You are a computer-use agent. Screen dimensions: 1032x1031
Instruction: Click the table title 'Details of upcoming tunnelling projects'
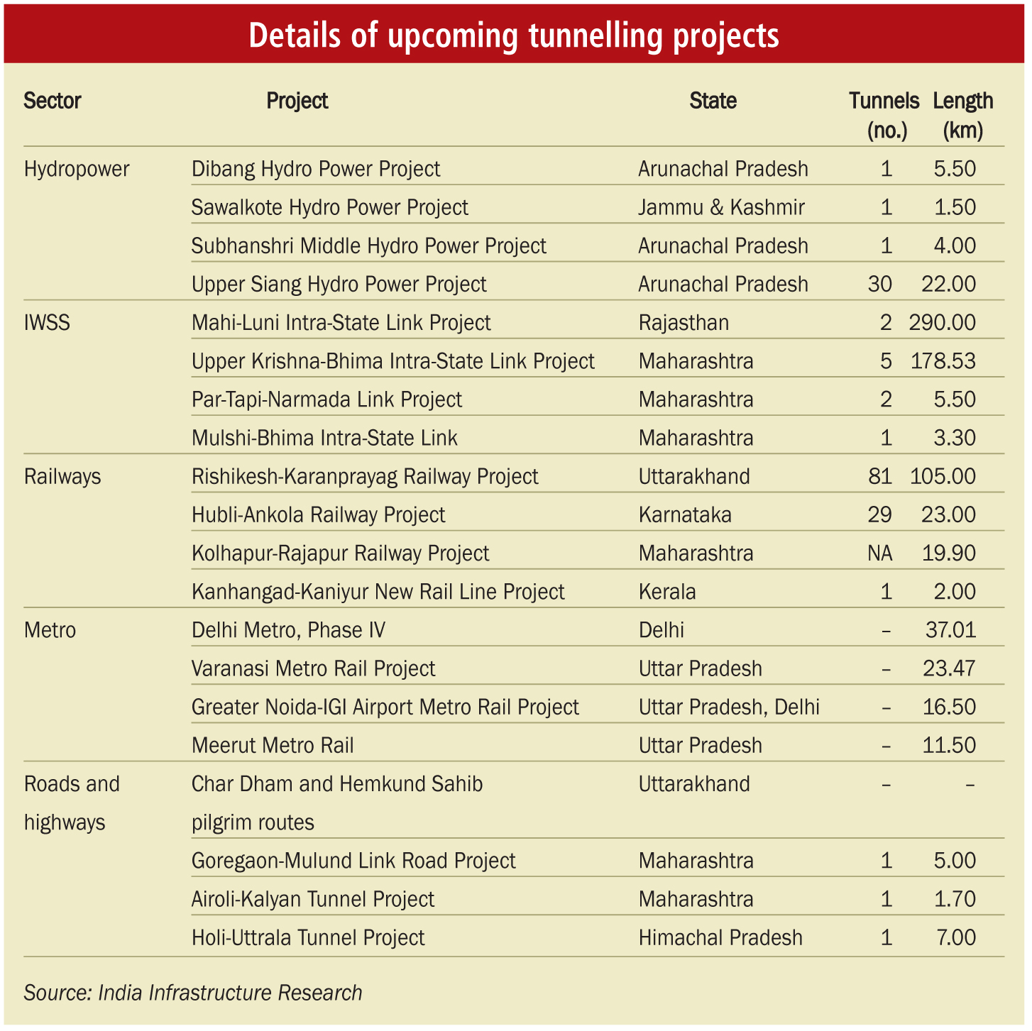click(514, 35)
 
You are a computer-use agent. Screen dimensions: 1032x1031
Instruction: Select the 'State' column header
click(713, 101)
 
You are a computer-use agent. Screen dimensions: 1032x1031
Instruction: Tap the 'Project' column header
click(297, 101)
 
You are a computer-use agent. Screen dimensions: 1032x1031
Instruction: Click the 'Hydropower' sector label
click(77, 170)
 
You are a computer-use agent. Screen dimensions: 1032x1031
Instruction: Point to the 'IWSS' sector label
click(47, 323)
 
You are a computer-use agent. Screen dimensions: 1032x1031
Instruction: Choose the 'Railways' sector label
click(62, 477)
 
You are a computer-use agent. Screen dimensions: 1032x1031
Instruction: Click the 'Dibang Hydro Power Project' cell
click(316, 170)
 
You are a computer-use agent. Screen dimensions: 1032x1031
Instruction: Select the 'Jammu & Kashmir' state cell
click(721, 207)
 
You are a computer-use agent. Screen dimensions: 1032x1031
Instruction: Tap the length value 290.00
click(943, 322)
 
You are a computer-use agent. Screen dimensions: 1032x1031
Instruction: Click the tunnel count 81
click(880, 476)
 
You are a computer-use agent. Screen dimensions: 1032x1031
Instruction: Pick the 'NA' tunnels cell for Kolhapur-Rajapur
click(880, 553)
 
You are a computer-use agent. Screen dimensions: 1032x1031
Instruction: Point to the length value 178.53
click(943, 361)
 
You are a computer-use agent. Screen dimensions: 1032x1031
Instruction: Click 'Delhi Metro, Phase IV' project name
click(289, 630)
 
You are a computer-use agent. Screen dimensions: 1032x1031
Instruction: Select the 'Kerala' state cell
click(667, 592)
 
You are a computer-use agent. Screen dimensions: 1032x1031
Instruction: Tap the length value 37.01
click(950, 630)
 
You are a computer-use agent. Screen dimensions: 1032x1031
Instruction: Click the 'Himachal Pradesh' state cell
click(721, 938)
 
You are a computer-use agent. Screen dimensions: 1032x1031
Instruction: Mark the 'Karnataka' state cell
click(685, 514)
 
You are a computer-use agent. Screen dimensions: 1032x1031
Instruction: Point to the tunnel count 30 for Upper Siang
click(880, 284)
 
